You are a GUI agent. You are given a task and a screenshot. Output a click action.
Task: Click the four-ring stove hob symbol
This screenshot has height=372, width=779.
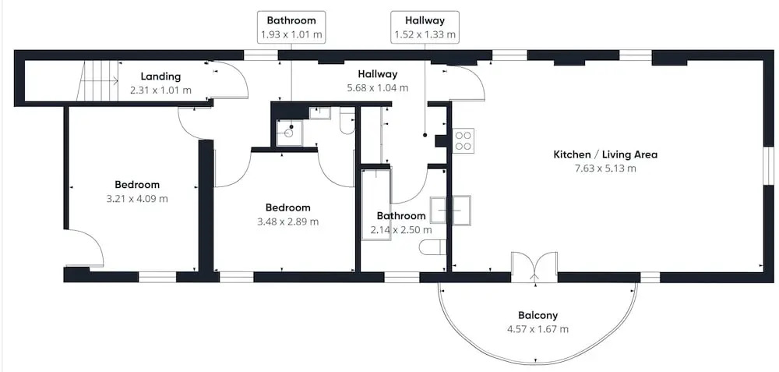pyautogui.click(x=463, y=140)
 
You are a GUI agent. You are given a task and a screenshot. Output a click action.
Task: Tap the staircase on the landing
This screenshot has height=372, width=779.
pyautogui.click(x=98, y=80)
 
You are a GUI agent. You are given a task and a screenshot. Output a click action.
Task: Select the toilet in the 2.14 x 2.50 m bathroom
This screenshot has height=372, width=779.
pyautogui.click(x=432, y=247)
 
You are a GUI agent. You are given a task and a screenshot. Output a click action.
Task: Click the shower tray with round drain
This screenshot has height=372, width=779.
pyautogui.click(x=289, y=133)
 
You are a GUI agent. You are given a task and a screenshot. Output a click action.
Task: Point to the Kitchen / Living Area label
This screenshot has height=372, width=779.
pyautogui.click(x=605, y=154)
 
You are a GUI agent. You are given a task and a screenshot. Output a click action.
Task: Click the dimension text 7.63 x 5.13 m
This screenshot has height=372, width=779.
pyautogui.click(x=605, y=168)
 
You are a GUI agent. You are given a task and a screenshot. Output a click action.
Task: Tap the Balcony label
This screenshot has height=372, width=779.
pyautogui.click(x=538, y=315)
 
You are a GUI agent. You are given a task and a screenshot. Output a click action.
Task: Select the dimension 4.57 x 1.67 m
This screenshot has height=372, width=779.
pyautogui.click(x=538, y=329)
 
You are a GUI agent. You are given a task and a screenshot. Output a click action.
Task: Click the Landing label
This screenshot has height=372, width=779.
pyautogui.click(x=160, y=76)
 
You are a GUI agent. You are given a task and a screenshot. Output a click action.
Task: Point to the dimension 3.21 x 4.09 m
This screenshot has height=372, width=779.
pyautogui.click(x=137, y=198)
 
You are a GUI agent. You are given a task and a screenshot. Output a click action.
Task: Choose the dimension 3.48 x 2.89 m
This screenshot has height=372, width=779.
pyautogui.click(x=287, y=221)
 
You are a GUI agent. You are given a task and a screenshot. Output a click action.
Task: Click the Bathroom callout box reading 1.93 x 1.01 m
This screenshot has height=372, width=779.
pyautogui.click(x=291, y=27)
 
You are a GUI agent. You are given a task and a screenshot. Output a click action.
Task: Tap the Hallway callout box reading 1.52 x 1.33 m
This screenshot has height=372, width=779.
pyautogui.click(x=425, y=27)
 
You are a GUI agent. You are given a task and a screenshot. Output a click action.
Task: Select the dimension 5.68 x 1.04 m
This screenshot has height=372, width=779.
pyautogui.click(x=378, y=88)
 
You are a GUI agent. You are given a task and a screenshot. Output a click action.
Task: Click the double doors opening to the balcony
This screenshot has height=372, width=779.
pyautogui.click(x=534, y=267)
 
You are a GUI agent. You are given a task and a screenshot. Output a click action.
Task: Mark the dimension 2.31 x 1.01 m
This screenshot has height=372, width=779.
pyautogui.click(x=160, y=90)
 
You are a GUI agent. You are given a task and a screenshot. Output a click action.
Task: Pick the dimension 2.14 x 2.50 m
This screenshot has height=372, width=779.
pyautogui.click(x=401, y=230)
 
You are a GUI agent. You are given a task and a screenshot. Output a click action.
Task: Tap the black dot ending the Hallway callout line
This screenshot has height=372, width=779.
pyautogui.click(x=425, y=135)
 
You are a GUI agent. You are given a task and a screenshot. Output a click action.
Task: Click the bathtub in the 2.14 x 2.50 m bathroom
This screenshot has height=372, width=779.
pyautogui.click(x=376, y=204)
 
